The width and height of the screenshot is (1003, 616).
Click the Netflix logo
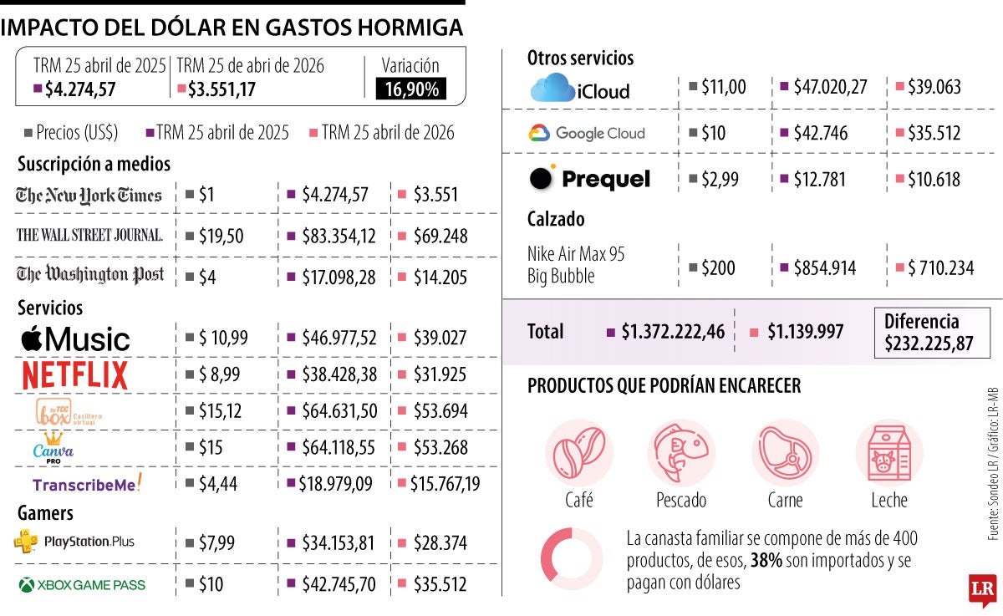(x=75, y=374)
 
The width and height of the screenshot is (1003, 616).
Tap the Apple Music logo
(x=75, y=339)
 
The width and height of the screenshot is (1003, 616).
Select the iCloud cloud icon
(x=552, y=88)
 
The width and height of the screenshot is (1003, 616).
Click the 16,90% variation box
(x=411, y=89)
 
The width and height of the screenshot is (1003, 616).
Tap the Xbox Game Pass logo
(x=81, y=585)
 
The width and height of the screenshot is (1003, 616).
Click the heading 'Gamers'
(x=45, y=512)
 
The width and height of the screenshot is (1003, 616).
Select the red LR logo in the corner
(x=981, y=589)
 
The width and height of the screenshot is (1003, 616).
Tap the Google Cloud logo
(x=587, y=133)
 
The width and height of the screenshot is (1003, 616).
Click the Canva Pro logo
(x=53, y=447)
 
